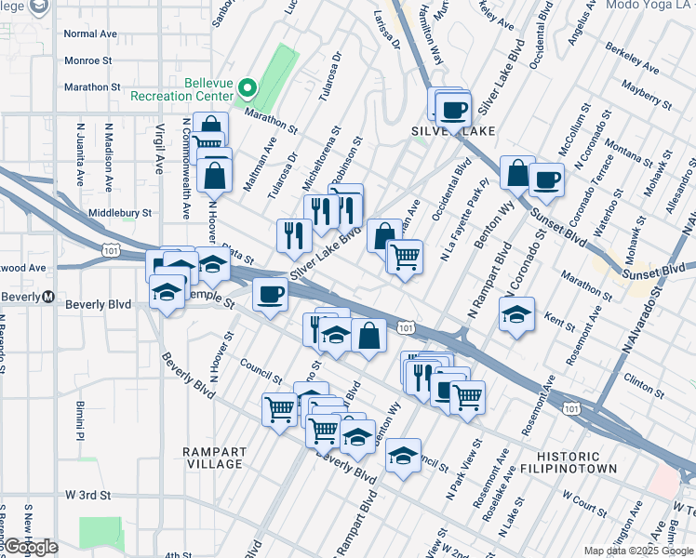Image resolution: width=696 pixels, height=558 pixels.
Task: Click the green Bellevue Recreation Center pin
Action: click(x=248, y=89)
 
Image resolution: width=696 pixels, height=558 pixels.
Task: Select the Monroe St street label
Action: click(x=87, y=60)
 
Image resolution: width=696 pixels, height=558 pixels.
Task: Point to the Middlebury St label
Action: click(x=119, y=213)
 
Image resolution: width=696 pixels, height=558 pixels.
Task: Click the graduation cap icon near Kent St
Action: click(x=516, y=313)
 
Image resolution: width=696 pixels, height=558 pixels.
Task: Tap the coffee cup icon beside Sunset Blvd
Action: click(x=546, y=179)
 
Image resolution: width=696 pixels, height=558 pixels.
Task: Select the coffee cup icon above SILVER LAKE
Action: click(x=453, y=109)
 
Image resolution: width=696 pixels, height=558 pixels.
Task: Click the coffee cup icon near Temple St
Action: click(x=270, y=296)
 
